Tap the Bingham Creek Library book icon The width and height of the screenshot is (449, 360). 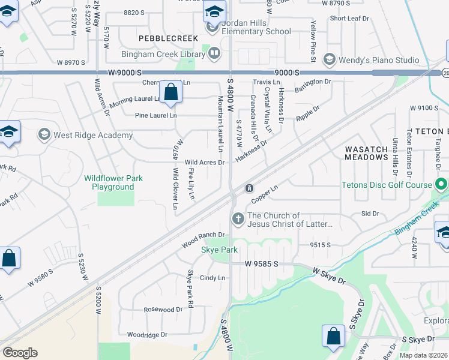click(x=214, y=54)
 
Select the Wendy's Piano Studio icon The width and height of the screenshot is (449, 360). click(x=329, y=59)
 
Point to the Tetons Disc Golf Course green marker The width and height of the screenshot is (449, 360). click(x=442, y=184)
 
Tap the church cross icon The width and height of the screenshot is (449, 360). click(x=238, y=219)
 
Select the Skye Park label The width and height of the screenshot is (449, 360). click(x=219, y=250)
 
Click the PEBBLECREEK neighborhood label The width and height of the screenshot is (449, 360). click(x=160, y=38)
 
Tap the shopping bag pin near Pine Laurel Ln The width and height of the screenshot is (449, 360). click(x=171, y=93)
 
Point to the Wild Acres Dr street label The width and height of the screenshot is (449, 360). click(x=204, y=163)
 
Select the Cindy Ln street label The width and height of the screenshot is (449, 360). click(x=212, y=278)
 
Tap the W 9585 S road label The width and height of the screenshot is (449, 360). click(x=262, y=263)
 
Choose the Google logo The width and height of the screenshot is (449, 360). click(x=20, y=352)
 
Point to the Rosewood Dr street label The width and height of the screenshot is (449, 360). click(x=162, y=310)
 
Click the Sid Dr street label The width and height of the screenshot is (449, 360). click(x=370, y=214)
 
